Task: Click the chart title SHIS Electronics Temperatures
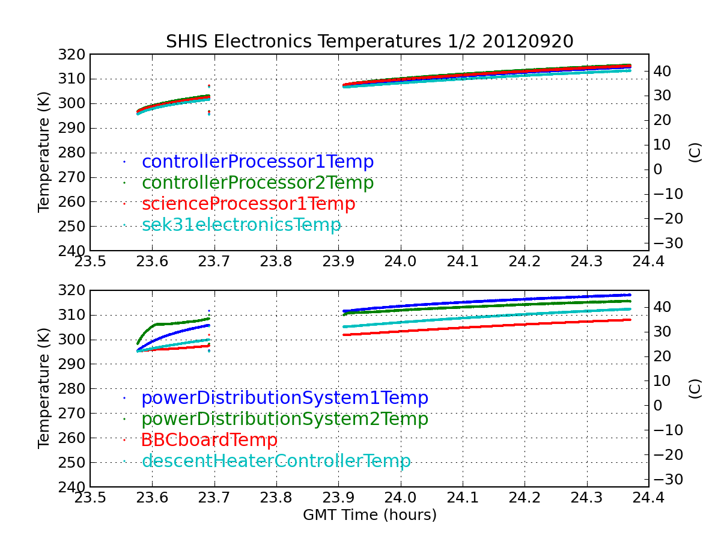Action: pos(369,41)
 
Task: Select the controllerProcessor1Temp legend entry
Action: pos(258,162)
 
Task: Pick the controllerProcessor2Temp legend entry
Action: pos(258,183)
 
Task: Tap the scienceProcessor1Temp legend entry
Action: pos(248,204)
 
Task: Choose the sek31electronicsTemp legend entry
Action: pos(241,225)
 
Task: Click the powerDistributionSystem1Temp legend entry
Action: pos(285,398)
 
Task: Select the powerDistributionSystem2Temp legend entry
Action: pos(285,419)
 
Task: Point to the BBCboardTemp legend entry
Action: pos(209,440)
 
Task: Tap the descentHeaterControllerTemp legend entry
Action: pos(276,461)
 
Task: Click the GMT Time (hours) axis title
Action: pos(370,515)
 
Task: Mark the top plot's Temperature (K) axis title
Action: pos(44,152)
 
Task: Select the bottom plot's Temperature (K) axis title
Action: pos(44,388)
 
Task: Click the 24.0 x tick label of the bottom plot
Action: pos(400,498)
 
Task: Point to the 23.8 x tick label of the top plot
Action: pos(276,263)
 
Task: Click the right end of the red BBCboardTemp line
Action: pos(630,320)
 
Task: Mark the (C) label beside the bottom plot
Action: pos(695,388)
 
